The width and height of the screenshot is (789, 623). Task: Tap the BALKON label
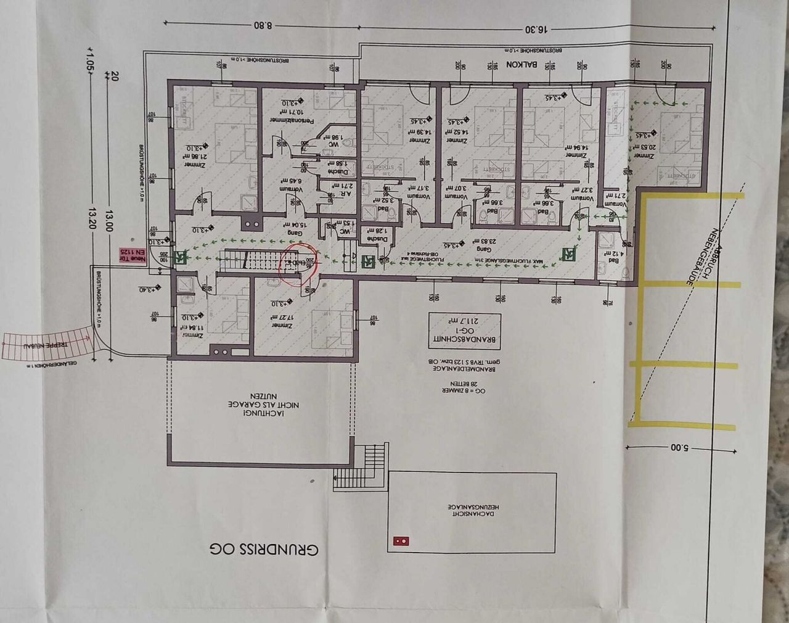(x=523, y=64)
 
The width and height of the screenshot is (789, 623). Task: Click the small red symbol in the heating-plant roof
(x=401, y=540)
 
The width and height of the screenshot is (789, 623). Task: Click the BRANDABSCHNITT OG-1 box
(x=465, y=331)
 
